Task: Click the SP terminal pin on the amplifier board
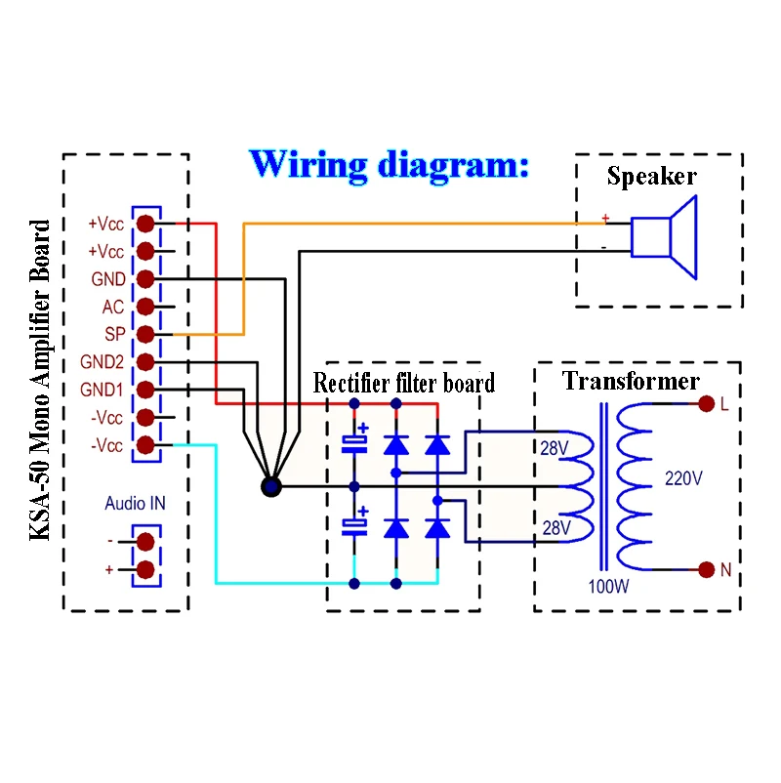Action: tap(145, 334)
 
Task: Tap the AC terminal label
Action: tap(113, 307)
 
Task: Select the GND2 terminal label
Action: tap(102, 361)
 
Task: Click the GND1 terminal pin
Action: tap(145, 390)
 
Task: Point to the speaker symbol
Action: tap(664, 237)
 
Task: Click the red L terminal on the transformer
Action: tap(707, 403)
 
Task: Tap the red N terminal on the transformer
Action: tap(707, 569)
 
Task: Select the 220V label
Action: tap(683, 478)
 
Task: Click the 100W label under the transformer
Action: tap(608, 586)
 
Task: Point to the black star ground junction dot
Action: tap(271, 486)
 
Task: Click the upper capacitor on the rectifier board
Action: tap(354, 443)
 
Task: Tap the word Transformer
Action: tap(631, 381)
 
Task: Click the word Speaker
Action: tap(652, 176)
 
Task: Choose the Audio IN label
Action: tap(135, 504)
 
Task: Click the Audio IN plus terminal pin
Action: tap(145, 569)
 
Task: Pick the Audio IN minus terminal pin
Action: tap(145, 542)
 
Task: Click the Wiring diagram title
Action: tap(389, 166)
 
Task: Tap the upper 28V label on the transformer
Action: tap(555, 448)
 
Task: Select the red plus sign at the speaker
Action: tap(605, 219)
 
